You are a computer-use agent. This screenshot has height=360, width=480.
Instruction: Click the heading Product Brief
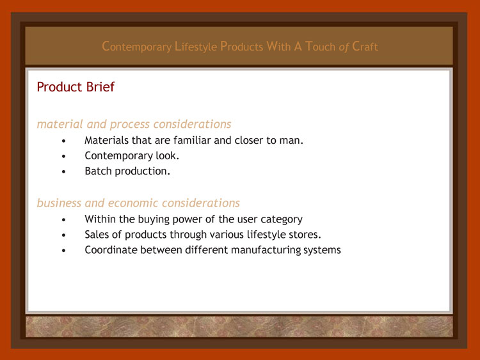[76, 87]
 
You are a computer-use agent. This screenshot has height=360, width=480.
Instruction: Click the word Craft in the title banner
[365, 47]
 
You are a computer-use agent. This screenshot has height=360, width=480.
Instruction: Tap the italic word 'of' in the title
[344, 47]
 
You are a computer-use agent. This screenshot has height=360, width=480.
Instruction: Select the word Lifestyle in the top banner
[196, 47]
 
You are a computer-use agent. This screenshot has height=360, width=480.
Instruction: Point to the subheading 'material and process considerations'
[134, 124]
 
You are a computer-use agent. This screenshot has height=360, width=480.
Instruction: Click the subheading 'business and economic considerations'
[138, 203]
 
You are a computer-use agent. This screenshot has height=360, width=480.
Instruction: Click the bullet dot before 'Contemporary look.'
[63, 156]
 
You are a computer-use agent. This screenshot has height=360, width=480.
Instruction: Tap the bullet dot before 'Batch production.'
[63, 171]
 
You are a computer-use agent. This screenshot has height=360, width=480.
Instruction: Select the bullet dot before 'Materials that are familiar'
[63, 141]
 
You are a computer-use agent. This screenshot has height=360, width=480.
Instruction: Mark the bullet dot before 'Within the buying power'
[63, 220]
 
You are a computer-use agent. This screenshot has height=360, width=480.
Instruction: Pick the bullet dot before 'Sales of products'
[63, 235]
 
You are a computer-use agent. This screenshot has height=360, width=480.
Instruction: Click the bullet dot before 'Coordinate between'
[63, 251]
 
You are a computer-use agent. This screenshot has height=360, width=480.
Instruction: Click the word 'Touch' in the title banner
[320, 47]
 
